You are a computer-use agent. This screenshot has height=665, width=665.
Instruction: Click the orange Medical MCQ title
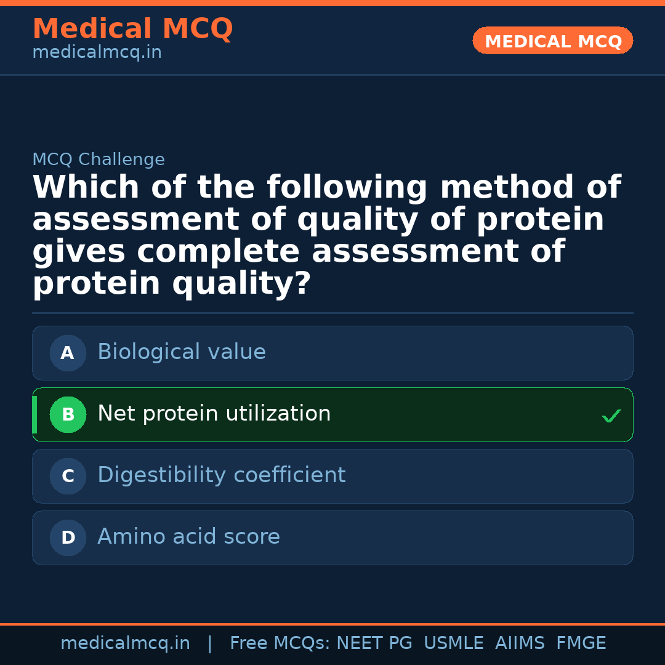132,29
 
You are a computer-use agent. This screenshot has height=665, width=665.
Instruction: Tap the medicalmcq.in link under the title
97,53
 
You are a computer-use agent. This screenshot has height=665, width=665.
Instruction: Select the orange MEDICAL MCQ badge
552,41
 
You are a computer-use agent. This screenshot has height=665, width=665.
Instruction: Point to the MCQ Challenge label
99,160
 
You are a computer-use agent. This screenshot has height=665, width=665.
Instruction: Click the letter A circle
68,353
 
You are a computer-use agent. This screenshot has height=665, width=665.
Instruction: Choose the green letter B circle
68,414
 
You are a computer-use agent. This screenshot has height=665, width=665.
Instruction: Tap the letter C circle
68,476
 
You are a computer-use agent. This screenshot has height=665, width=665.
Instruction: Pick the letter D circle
68,538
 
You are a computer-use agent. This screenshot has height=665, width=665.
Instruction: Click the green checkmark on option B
611,416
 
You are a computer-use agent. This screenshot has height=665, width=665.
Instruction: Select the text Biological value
182,352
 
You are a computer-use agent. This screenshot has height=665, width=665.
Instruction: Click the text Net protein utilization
214,414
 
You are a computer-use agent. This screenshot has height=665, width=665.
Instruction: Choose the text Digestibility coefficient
221,475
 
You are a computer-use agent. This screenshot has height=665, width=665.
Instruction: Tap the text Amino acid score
188,537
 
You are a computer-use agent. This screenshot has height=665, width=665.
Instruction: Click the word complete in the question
224,252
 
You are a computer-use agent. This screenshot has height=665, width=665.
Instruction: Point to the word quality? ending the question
241,284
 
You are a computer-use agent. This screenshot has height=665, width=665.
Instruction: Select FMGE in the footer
581,643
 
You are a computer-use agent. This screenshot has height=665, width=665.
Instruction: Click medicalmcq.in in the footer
125,643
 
